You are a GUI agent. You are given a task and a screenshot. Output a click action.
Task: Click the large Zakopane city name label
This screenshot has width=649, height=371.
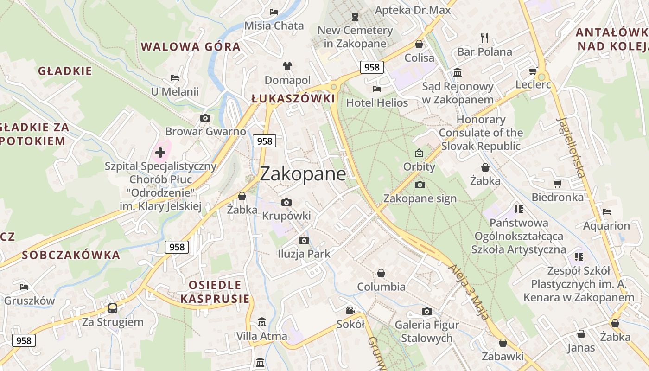point(303,174)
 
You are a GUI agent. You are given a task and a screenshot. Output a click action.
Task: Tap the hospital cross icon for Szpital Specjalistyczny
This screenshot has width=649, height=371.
point(160,152)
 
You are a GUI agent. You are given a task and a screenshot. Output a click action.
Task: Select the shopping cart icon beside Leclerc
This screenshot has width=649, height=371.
point(533,71)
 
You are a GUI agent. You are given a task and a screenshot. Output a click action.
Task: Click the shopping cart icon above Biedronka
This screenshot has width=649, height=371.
point(557,184)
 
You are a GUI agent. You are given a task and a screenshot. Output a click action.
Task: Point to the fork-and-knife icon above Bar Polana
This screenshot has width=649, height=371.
point(484,38)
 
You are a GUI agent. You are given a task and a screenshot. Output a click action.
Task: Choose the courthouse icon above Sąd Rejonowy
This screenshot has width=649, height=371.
point(458,72)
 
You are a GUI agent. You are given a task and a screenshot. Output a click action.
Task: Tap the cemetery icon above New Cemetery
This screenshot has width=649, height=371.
point(355,17)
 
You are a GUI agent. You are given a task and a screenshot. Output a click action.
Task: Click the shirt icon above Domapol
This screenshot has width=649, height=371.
point(287,66)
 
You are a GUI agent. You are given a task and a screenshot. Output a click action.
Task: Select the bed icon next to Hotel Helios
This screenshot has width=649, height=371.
point(377,89)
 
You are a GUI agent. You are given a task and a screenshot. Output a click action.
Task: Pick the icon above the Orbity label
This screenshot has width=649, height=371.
point(419,153)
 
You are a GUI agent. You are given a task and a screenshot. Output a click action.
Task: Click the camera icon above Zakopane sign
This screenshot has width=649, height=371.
point(420,185)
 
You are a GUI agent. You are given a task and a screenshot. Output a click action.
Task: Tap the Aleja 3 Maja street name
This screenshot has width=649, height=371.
point(469,292)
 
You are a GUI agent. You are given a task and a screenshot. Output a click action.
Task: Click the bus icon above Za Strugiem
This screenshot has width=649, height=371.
point(112,308)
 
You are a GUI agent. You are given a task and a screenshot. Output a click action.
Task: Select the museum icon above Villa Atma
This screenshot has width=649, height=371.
point(262,322)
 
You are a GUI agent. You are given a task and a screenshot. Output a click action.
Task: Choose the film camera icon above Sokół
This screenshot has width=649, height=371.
point(350,310)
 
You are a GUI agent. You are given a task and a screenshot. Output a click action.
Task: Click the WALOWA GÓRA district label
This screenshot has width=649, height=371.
point(191,47)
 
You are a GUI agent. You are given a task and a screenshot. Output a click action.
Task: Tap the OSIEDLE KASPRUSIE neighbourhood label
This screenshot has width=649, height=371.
point(215,292)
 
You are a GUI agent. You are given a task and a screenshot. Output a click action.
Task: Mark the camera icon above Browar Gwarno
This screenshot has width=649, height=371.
point(205,118)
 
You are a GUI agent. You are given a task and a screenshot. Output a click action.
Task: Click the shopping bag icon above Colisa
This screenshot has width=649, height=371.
point(419,44)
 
